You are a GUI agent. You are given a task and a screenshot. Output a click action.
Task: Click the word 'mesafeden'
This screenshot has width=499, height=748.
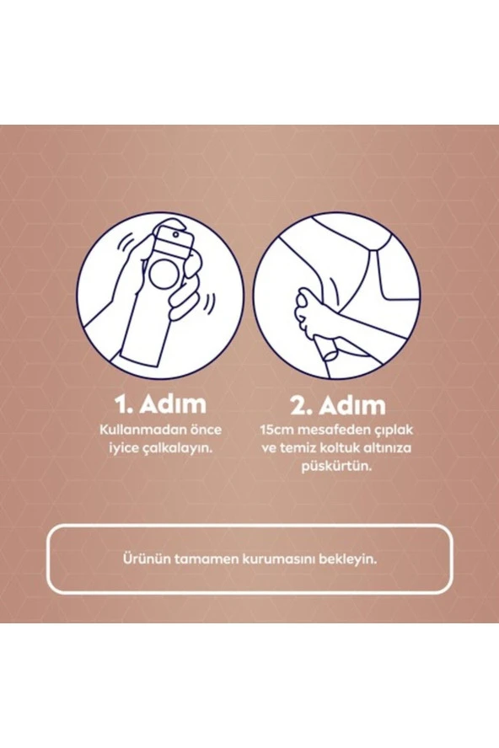tap(328, 430)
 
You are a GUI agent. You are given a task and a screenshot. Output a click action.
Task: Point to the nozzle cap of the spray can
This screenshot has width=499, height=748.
tap(172, 233)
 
